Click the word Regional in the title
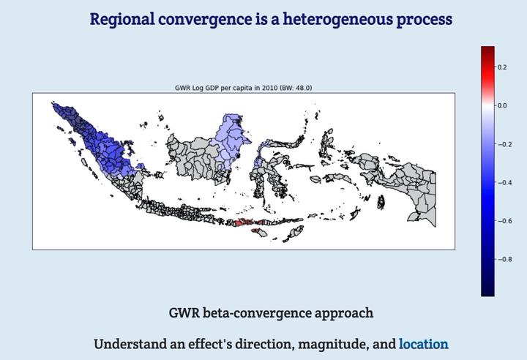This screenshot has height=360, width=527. (x=122, y=19)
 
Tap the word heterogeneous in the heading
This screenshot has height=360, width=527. (x=337, y=19)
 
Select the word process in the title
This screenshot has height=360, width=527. (x=424, y=20)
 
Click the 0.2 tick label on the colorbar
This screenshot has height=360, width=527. (x=502, y=67)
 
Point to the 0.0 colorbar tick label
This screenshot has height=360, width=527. (x=502, y=105)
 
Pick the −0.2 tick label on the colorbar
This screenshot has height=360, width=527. (x=505, y=144)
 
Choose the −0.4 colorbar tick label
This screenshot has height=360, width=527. (x=505, y=182)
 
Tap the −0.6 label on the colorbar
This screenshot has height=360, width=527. (x=505, y=221)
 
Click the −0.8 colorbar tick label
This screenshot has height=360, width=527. (x=505, y=259)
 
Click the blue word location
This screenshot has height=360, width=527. (x=424, y=344)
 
